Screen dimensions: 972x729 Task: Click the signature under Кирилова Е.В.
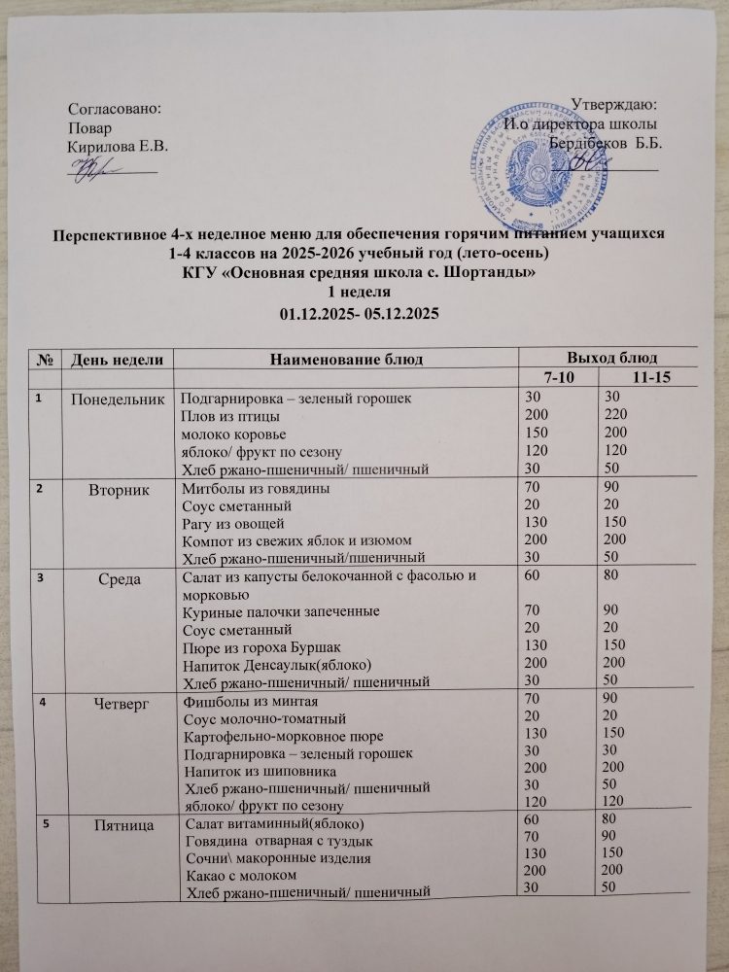[x=97, y=166]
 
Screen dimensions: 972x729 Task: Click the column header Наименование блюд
[x=346, y=360]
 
